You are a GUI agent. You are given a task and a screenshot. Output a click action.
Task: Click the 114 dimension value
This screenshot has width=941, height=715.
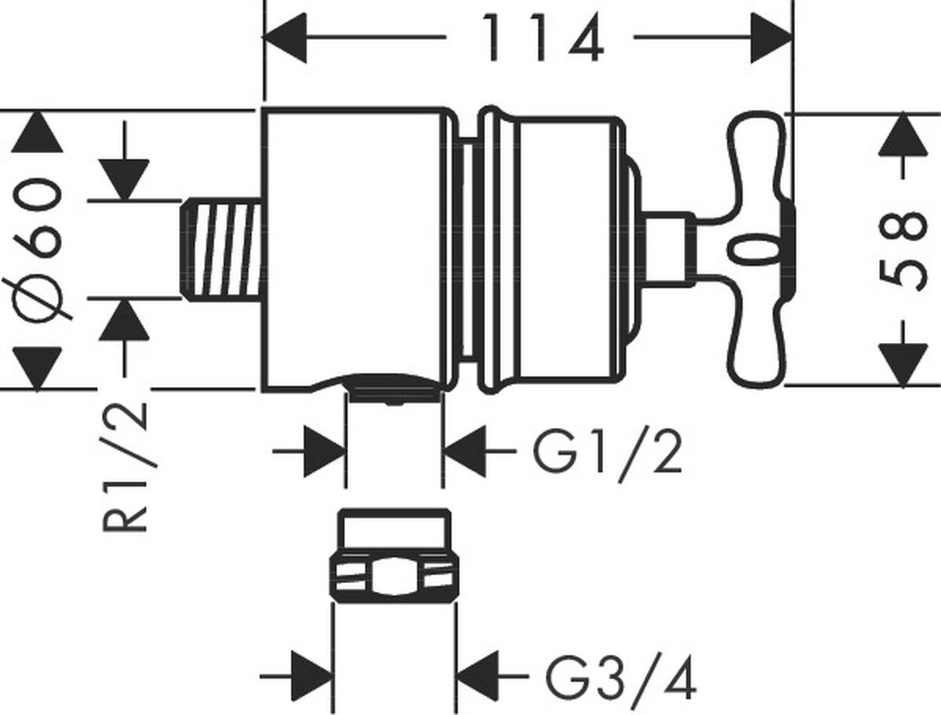pyautogui.click(x=543, y=38)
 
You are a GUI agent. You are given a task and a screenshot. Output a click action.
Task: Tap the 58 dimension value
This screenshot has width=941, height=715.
pyautogui.click(x=902, y=251)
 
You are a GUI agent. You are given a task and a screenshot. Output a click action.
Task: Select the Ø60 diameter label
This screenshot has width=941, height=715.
pyautogui.click(x=38, y=248)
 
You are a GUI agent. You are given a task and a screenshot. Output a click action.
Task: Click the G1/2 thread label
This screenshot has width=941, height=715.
pyautogui.click(x=608, y=454)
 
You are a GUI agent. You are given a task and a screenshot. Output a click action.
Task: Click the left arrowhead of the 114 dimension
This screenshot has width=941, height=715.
pyautogui.click(x=285, y=38)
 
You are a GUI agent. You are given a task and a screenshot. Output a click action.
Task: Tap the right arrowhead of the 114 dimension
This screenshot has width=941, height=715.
pyautogui.click(x=772, y=38)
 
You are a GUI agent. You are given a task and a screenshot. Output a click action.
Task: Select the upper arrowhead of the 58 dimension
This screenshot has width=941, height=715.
pyautogui.click(x=903, y=136)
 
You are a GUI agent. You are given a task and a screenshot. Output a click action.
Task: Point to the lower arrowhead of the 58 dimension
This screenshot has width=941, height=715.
pyautogui.click(x=903, y=366)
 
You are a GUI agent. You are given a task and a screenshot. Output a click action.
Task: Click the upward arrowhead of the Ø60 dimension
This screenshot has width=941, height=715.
pyautogui.click(x=38, y=132)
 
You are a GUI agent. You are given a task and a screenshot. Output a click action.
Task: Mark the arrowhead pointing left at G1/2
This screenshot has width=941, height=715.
pyautogui.click(x=465, y=451)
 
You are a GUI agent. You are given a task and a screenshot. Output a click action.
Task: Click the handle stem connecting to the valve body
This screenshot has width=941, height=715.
pyautogui.click(x=668, y=250)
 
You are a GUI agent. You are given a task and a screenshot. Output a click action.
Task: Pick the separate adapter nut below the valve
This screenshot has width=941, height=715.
pyautogui.click(x=394, y=556)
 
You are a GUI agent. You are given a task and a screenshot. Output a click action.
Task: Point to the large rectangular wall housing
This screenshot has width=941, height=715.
pyautogui.click(x=357, y=249)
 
